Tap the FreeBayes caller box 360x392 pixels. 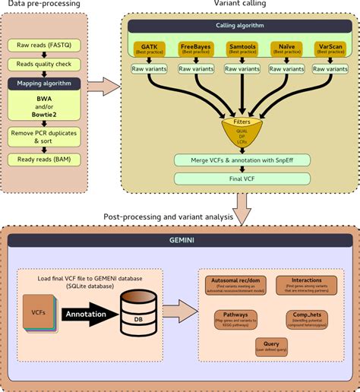tap(195, 49)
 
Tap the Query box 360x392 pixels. tap(270, 346)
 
